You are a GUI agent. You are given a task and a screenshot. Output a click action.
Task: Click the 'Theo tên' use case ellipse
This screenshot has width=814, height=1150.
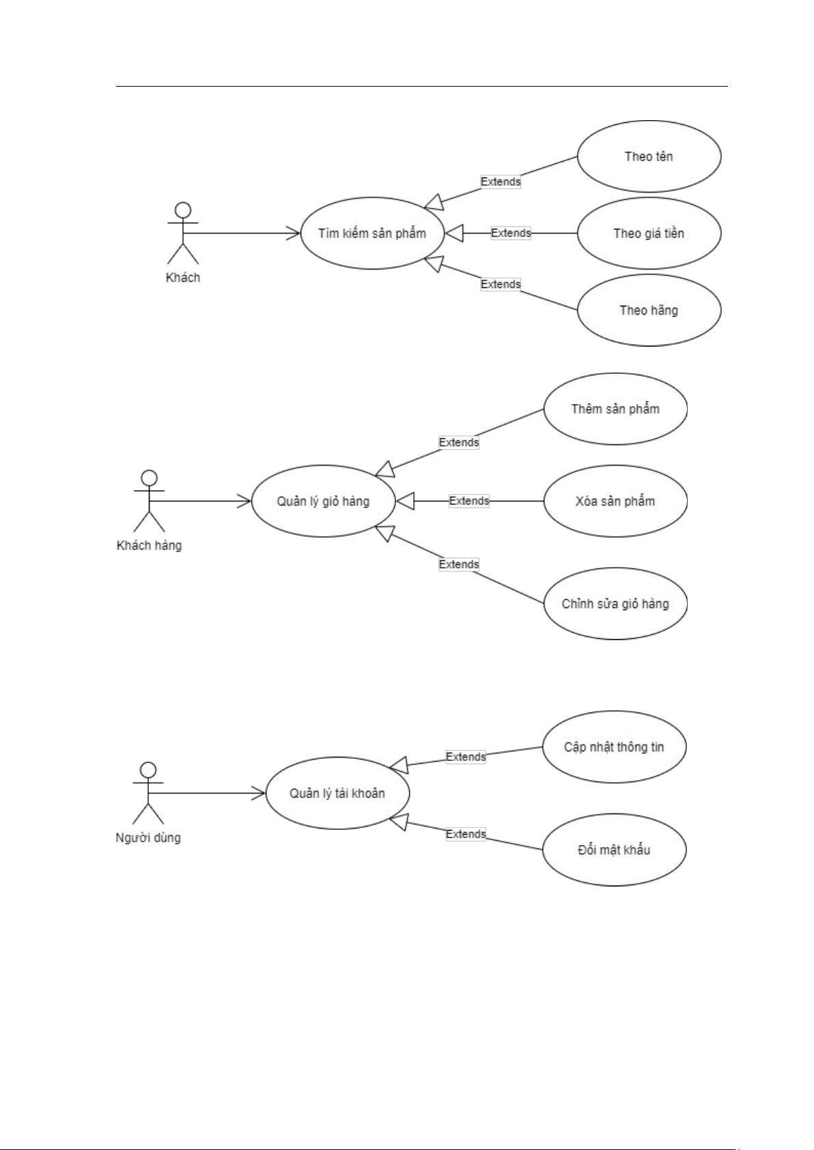tap(649, 156)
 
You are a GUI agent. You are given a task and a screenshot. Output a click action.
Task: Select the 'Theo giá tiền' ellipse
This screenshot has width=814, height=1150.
tap(649, 233)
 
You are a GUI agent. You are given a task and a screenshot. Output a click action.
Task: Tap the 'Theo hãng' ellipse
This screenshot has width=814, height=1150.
tap(649, 311)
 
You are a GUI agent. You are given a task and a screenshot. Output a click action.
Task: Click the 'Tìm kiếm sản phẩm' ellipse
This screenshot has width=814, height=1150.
tap(372, 233)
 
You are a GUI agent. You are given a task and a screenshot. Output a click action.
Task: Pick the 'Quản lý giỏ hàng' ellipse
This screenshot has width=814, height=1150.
tap(323, 501)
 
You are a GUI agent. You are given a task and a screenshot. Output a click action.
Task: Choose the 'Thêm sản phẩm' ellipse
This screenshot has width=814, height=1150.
tap(615, 409)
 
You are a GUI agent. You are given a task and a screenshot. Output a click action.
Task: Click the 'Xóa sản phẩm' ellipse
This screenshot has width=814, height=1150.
tap(615, 501)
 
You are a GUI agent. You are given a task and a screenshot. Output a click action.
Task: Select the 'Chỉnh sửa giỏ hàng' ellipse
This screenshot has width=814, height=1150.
tap(615, 603)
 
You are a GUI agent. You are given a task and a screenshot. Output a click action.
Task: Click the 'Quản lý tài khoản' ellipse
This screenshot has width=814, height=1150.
tap(337, 793)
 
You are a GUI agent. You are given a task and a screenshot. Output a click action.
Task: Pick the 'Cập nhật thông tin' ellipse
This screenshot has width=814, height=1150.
tap(614, 747)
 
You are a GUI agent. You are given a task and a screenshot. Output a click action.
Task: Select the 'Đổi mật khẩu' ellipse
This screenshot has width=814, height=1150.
tap(614, 850)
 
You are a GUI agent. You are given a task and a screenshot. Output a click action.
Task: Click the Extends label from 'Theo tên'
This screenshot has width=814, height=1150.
tap(501, 182)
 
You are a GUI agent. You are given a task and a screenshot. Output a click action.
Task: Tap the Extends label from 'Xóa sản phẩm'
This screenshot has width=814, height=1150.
tap(469, 501)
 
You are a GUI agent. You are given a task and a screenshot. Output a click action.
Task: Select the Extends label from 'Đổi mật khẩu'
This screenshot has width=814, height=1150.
tap(466, 834)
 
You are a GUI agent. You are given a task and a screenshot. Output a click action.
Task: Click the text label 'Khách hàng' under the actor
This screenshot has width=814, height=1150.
tap(150, 545)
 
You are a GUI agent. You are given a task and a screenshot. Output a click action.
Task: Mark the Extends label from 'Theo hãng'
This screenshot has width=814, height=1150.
tap(501, 284)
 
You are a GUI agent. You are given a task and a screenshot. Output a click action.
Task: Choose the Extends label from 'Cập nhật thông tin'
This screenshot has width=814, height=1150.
tap(466, 757)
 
